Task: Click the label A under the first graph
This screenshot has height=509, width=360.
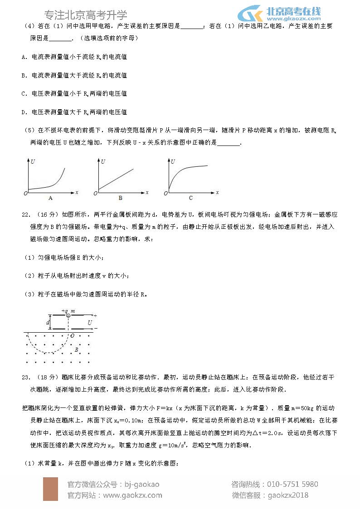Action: click(x=50, y=198)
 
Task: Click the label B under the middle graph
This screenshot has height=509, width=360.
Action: click(x=121, y=198)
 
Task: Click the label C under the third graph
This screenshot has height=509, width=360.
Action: click(x=191, y=198)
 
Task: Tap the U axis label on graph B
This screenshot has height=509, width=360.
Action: click(x=103, y=162)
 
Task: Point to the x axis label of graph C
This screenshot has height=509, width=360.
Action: click(x=218, y=192)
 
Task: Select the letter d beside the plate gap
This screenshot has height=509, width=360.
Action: click(x=48, y=322)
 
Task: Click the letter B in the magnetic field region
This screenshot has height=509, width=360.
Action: click(x=77, y=349)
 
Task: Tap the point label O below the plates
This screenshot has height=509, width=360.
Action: click(x=72, y=336)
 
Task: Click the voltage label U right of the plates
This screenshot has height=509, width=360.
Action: click(x=90, y=322)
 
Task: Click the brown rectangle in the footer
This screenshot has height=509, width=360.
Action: click(x=50, y=489)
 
